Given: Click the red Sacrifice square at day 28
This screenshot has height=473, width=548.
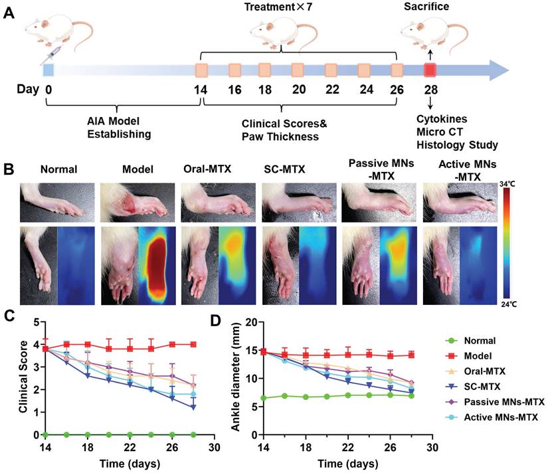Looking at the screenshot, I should [x=430, y=70].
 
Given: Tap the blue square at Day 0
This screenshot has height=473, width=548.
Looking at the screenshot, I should [x=48, y=70].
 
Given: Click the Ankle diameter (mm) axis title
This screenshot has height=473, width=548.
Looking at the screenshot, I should [x=236, y=379].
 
